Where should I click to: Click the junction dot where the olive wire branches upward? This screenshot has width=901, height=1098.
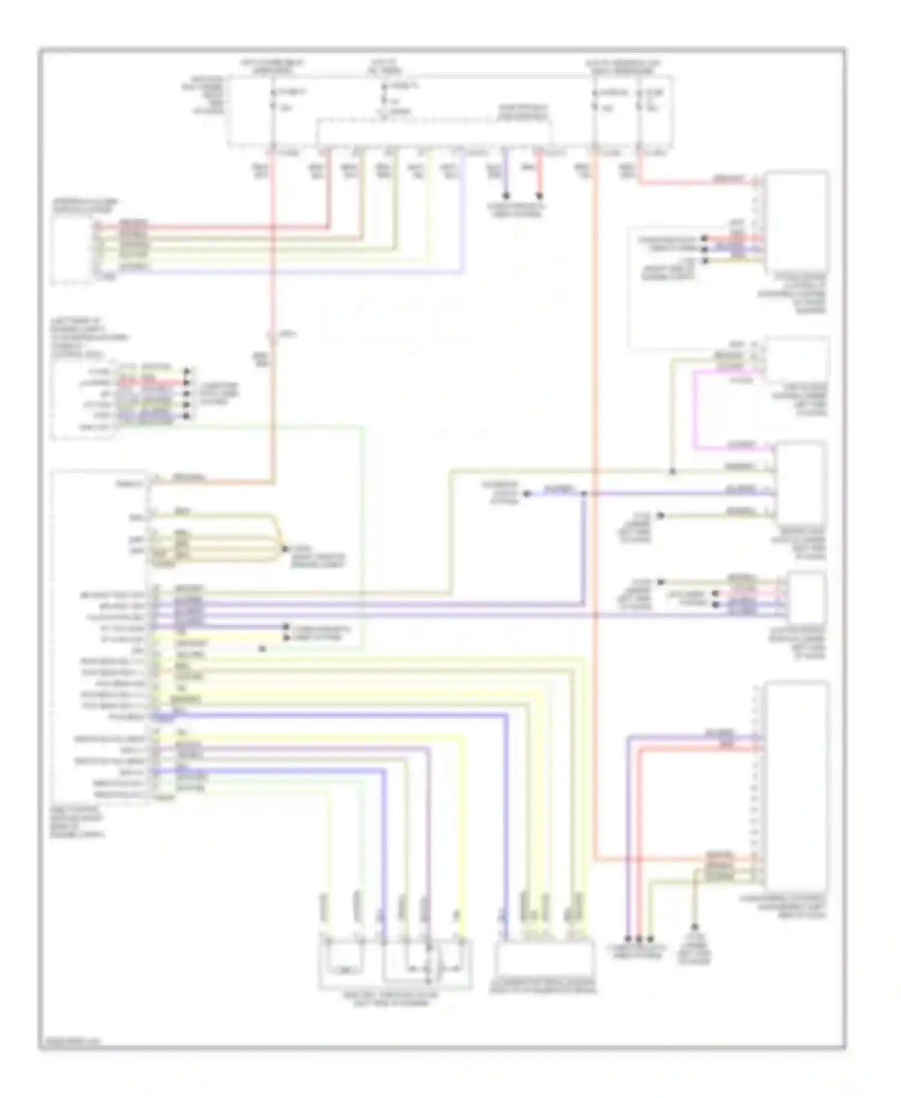pos(672,472)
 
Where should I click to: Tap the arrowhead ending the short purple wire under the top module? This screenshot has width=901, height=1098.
pos(506,196)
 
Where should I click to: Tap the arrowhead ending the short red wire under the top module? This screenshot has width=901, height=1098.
pos(539,196)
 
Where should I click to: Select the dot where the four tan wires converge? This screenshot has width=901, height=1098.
pos(285,549)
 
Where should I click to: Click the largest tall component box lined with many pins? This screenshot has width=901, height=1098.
pos(797,785)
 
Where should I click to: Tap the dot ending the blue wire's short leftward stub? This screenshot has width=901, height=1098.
pos(526,494)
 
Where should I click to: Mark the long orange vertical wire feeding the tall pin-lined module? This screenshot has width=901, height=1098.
pos(594,511)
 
